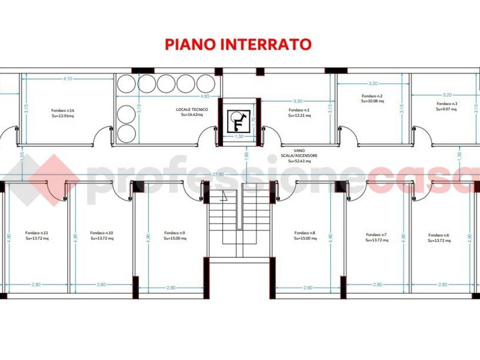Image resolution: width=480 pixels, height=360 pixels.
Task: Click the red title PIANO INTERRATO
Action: click(x=238, y=44)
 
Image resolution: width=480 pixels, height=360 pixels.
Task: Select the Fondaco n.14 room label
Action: click(x=63, y=111)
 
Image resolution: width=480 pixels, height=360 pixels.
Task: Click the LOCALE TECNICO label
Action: click(x=192, y=109)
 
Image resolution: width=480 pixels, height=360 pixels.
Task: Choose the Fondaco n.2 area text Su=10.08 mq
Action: click(x=372, y=101)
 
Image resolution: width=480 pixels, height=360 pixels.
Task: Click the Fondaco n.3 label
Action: click(x=447, y=103)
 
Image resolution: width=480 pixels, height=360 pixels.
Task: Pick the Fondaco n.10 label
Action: click(x=102, y=233)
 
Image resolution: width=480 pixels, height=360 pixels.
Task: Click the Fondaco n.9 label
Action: click(x=175, y=233)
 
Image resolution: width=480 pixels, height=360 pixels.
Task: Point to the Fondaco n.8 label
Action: click(x=305, y=233)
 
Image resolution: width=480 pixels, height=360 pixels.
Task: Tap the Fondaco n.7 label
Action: click(x=376, y=235)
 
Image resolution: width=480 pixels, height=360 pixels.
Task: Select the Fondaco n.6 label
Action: click(x=439, y=235)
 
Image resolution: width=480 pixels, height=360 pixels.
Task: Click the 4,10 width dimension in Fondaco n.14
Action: click(x=67, y=79)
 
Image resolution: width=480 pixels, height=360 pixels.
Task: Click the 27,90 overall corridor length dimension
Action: click(x=218, y=174)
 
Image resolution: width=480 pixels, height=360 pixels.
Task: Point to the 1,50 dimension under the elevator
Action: click(x=239, y=136)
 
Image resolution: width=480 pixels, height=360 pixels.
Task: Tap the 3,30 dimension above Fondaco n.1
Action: click(x=298, y=101)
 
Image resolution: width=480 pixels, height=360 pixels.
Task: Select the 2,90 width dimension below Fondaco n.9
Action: click(x=170, y=288)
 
